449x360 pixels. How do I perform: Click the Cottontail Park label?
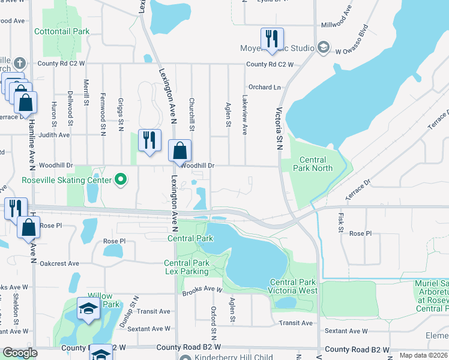[62, 31]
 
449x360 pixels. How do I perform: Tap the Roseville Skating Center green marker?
[121, 179]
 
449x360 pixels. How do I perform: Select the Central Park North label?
[312, 164]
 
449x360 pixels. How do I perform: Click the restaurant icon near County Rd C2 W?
[271, 39]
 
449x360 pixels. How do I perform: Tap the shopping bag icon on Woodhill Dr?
[179, 150]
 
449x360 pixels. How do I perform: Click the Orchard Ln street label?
[265, 87]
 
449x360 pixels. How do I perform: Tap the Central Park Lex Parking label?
[187, 267]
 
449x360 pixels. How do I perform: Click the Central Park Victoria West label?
[293, 286]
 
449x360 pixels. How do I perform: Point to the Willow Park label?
[100, 300]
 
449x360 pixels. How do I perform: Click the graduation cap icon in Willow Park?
[88, 310]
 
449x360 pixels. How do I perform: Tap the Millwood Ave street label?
[339, 25]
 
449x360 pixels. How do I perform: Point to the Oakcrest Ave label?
[59, 263]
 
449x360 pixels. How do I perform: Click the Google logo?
[20, 353]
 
